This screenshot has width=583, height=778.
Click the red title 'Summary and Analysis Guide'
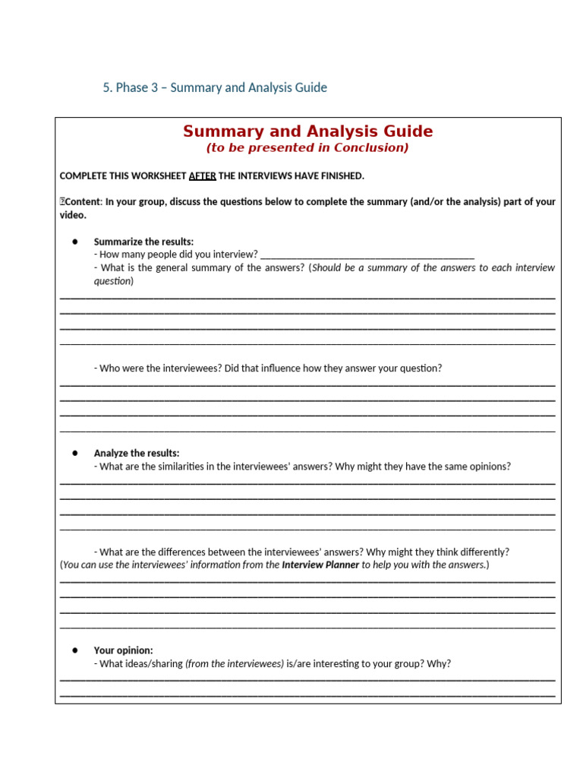pos(307,131)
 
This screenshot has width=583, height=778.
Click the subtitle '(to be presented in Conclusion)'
pos(307,147)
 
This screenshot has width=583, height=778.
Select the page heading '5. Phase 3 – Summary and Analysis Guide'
pos(215,87)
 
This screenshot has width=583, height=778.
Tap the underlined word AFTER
pos(202,176)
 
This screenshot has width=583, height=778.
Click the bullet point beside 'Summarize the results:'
pos(75,242)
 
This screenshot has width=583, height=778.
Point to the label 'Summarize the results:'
pos(143,242)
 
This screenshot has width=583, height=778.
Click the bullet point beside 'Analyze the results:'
pos(75,453)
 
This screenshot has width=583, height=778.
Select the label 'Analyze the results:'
pos(137,453)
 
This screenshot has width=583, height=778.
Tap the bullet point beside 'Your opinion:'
pos(75,650)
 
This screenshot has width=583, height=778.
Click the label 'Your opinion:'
pos(123,650)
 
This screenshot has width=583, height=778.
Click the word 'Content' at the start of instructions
pos(84,201)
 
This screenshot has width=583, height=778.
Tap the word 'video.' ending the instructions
pos(73,215)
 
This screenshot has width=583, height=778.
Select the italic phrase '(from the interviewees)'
pos(234,663)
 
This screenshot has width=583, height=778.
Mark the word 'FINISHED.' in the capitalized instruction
pos(341,176)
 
